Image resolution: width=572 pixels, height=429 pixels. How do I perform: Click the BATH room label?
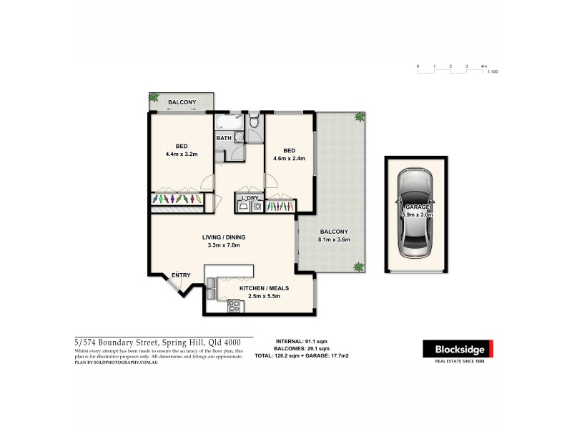[223, 137]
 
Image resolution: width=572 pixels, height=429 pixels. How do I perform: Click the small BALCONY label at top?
[182, 102]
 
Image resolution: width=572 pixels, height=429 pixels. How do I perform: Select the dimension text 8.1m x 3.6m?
[333, 240]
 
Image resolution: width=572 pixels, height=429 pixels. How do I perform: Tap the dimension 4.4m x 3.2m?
[181, 154]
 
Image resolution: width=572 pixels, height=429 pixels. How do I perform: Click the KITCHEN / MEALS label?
[264, 287]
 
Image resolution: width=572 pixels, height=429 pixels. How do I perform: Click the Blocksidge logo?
[457, 350]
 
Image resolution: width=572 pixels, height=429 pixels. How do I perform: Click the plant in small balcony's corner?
[154, 97]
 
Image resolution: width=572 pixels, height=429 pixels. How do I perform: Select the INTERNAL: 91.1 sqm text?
[302, 342]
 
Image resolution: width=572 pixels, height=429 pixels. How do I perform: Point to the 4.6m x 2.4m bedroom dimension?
[289, 159]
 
